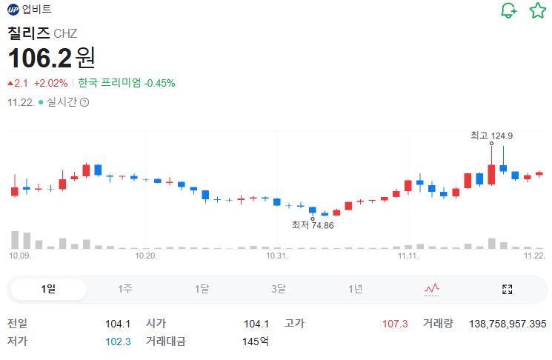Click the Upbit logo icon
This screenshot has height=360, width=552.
click(13, 10)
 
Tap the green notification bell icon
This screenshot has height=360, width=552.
click(508, 10)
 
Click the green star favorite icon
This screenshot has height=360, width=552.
click(537, 10)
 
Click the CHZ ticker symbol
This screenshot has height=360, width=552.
click(65, 33)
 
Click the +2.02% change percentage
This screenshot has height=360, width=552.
click(50, 83)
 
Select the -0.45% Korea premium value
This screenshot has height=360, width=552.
click(161, 83)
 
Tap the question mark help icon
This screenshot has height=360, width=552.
click(84, 102)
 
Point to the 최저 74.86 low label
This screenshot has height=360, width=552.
click(313, 225)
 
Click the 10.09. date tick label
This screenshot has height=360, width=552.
click(20, 256)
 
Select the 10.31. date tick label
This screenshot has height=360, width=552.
click(276, 256)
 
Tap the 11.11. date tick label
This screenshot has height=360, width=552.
click(408, 256)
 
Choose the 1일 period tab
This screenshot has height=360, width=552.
click(48, 289)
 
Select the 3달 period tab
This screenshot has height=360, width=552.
click(279, 289)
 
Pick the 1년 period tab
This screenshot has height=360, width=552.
click(356, 289)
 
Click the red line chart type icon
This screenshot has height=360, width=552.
click(432, 289)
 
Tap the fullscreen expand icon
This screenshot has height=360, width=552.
click(508, 289)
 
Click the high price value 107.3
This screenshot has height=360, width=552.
click(395, 324)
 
